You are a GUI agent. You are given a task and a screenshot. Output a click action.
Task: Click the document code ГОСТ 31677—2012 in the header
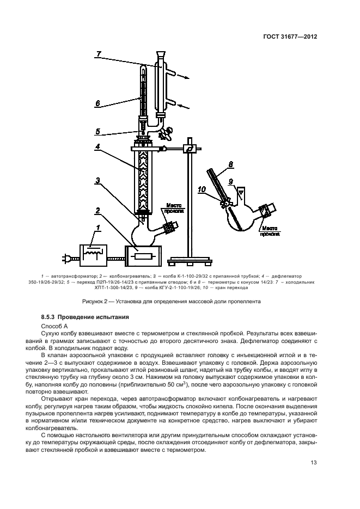pos(290,37)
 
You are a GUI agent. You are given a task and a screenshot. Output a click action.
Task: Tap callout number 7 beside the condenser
pos(99,53)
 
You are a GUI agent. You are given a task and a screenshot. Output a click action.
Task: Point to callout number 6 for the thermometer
pos(97,102)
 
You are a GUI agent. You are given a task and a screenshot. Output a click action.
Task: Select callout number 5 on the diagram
pos(97,131)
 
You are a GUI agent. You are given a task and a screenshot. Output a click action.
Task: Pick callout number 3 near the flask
pos(97,180)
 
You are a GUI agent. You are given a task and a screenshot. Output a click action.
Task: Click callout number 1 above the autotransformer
pos(97,227)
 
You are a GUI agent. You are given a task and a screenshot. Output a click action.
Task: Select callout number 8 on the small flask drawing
pos(231,163)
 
